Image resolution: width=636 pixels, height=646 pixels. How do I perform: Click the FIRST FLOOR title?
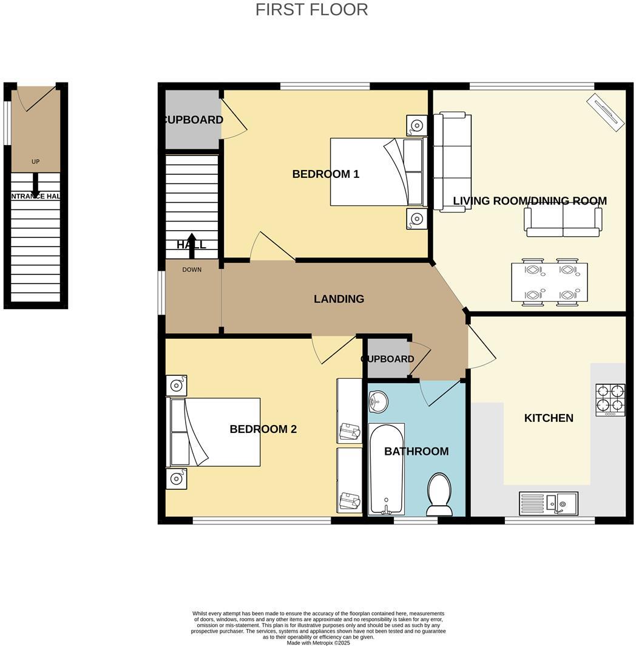[x=311, y=10]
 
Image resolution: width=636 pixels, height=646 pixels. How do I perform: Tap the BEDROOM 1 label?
[x=325, y=174]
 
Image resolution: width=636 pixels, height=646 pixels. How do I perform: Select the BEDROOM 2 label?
[x=263, y=429]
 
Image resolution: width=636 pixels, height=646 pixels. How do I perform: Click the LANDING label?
[x=339, y=299]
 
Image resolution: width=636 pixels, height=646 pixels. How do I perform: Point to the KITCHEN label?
[x=549, y=418]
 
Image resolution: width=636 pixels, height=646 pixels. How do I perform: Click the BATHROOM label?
[x=416, y=451]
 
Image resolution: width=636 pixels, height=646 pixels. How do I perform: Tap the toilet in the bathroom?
[x=439, y=493]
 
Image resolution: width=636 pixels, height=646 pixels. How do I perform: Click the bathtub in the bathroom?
[x=386, y=469]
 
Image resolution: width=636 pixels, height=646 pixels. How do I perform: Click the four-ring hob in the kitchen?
[x=610, y=399]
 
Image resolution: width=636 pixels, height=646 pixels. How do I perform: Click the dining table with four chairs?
[x=549, y=282]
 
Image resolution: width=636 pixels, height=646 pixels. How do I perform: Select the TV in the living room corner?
[x=606, y=111]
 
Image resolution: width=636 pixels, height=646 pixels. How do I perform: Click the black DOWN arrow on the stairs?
[x=192, y=240]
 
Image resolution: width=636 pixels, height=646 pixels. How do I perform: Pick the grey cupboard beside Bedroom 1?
[x=192, y=120]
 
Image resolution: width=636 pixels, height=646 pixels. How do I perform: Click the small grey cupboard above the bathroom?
[x=387, y=359]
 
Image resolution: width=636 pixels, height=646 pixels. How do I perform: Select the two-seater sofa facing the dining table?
[x=563, y=222]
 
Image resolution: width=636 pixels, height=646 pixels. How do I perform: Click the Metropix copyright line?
[x=318, y=642]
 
